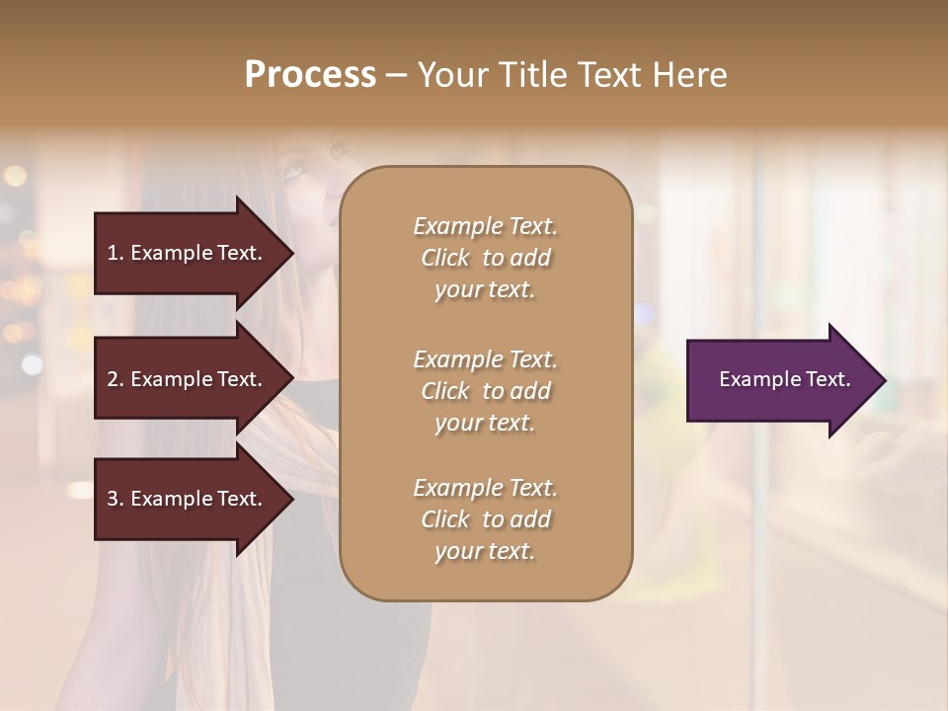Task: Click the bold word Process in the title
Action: click(x=310, y=75)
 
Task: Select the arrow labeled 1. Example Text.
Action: click(x=188, y=253)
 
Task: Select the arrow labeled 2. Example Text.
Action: click(x=188, y=379)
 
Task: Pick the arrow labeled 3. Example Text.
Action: click(x=188, y=499)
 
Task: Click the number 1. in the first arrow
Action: click(x=116, y=253)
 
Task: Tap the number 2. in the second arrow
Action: click(x=116, y=379)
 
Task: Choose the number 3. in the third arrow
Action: click(x=116, y=499)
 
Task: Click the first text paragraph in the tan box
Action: click(x=485, y=258)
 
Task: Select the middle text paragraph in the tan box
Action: click(x=485, y=391)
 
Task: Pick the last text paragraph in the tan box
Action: click(x=485, y=519)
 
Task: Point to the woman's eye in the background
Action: click(x=295, y=174)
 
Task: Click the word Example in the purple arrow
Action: click(x=759, y=379)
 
